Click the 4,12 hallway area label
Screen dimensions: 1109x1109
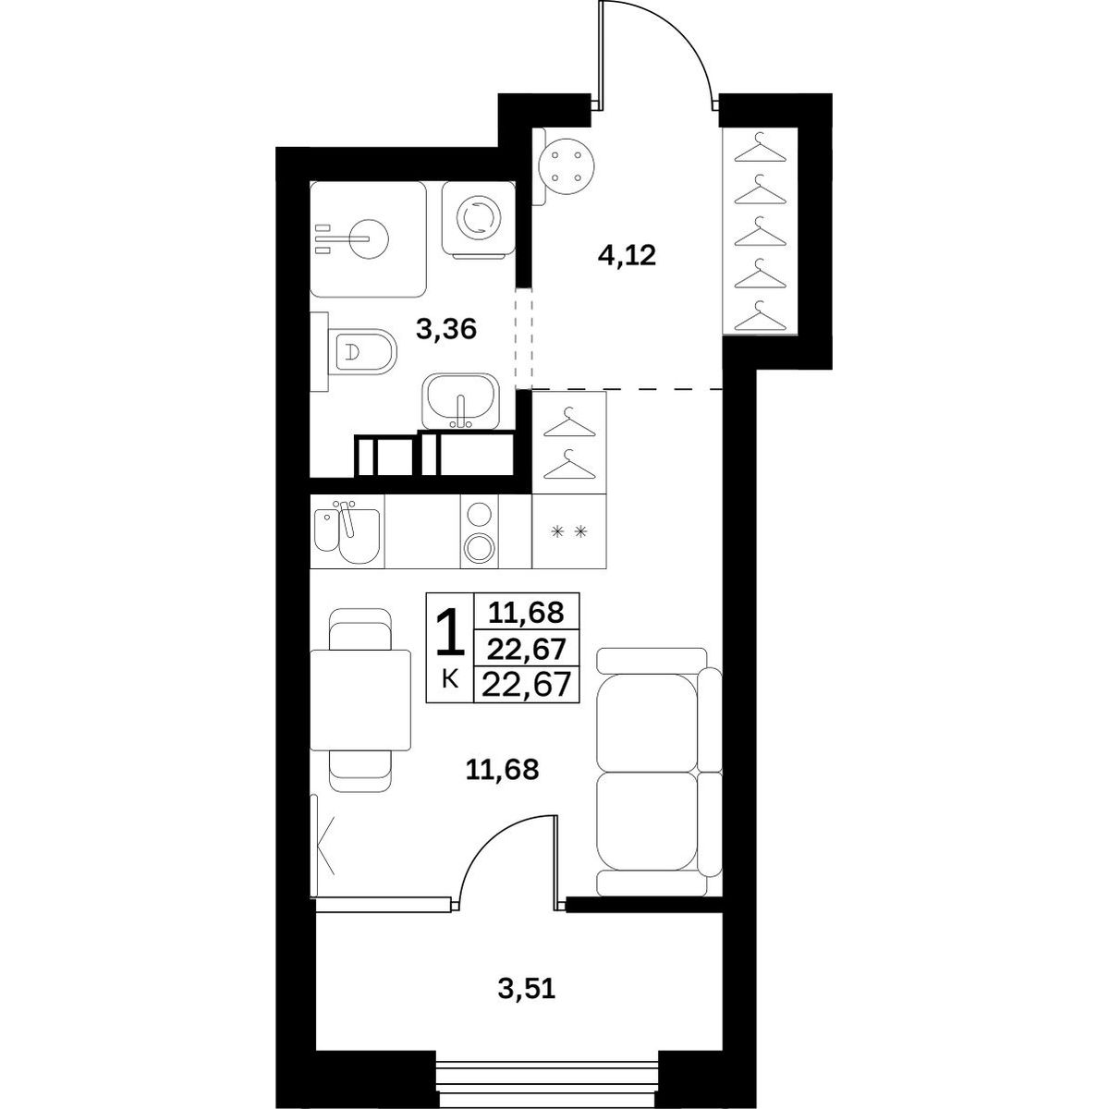tap(627, 255)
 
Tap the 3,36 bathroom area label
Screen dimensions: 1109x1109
tap(446, 330)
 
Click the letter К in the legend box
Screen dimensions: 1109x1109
tap(450, 680)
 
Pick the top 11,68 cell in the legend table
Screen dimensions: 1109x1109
tap(526, 612)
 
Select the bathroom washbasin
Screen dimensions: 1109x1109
tap(460, 401)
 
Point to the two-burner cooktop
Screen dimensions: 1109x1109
tap(479, 531)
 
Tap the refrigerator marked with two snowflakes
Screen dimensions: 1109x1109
tap(569, 531)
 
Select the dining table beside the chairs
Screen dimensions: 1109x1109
tap(360, 700)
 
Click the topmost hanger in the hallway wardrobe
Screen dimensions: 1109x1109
tap(761, 151)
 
